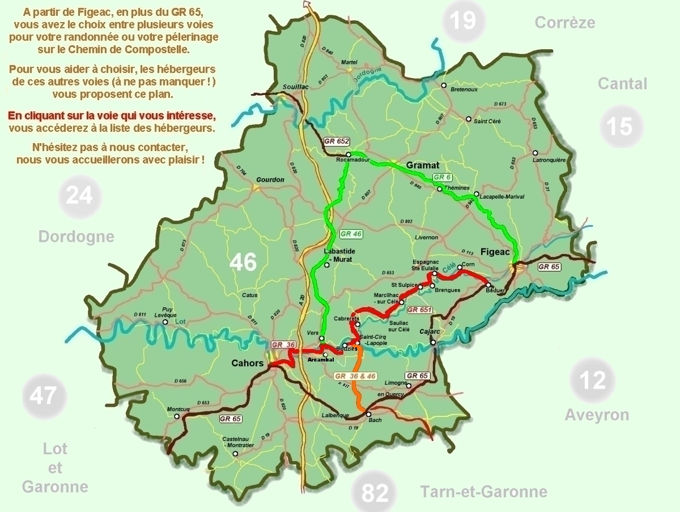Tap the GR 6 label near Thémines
[x=442, y=177]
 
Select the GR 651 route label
[x=420, y=309]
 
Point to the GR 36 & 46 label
[x=355, y=376]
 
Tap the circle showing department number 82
[x=375, y=493]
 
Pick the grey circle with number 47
[x=44, y=395]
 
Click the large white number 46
[x=243, y=263]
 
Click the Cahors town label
[x=248, y=363]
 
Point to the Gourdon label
[x=270, y=180]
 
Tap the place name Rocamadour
[x=353, y=161]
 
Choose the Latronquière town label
[x=550, y=160]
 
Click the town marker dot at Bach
[x=369, y=414]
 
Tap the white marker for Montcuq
[x=177, y=416]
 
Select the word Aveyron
[x=597, y=415]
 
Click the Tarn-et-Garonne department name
[x=483, y=492]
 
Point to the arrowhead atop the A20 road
[x=308, y=5]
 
